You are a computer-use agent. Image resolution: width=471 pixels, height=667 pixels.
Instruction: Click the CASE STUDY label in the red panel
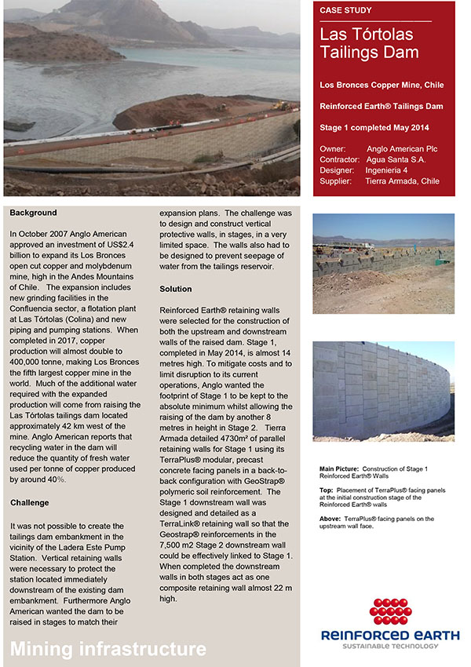pyautogui.click(x=346, y=10)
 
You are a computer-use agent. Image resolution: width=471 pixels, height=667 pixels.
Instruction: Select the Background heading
pyautogui.click(x=34, y=213)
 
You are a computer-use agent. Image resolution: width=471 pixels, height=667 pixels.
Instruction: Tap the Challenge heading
pyautogui.click(x=30, y=502)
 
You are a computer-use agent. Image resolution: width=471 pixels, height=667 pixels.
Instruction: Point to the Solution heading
pyautogui.click(x=176, y=289)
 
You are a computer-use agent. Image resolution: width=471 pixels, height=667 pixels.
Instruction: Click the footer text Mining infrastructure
pyautogui.click(x=108, y=649)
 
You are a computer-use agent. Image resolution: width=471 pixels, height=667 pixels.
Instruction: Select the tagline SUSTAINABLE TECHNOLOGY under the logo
pyautogui.click(x=384, y=646)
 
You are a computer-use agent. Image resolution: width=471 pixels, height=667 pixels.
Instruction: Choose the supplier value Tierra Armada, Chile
pyautogui.click(x=402, y=181)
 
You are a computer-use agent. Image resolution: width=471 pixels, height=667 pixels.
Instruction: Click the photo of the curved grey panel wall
pyautogui.click(x=383, y=391)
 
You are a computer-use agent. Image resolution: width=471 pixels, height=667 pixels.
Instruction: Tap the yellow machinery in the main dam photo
pyautogui.click(x=280, y=106)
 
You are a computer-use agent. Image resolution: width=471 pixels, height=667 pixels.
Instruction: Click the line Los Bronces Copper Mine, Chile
pyautogui.click(x=382, y=84)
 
